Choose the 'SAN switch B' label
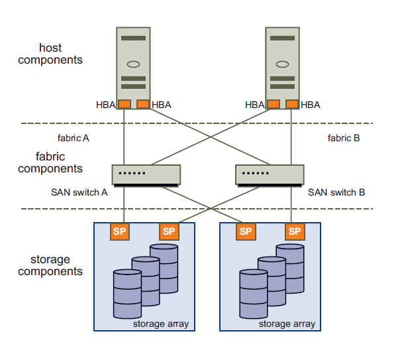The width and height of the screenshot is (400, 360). [336, 192]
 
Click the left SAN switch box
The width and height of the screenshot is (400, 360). [146, 174]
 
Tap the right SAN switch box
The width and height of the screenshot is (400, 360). [270, 174]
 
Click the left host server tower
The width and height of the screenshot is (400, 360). [133, 63]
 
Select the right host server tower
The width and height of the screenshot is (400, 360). [282, 63]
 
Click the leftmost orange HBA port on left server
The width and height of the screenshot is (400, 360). [124, 104]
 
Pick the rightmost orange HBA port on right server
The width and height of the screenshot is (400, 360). [292, 104]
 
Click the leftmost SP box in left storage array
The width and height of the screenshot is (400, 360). [120, 231]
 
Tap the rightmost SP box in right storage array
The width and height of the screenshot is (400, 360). [295, 231]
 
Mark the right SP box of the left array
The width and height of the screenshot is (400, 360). [169, 231]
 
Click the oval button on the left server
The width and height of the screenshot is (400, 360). [133, 65]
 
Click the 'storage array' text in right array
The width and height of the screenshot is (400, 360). [287, 324]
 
